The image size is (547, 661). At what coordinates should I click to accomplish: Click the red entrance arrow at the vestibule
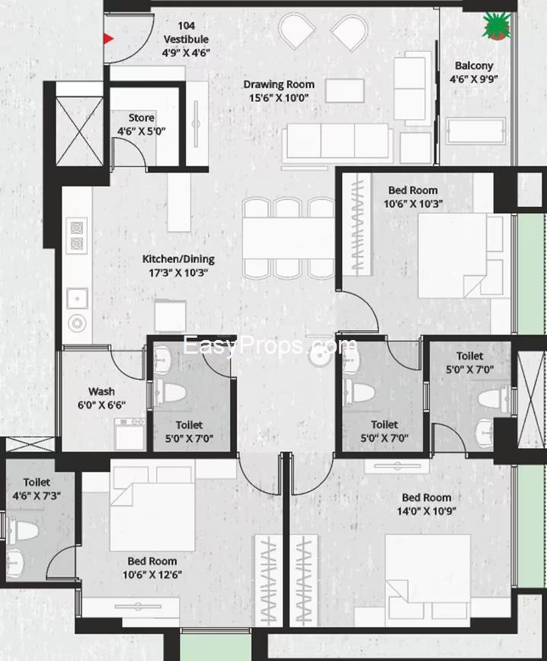click(108, 39)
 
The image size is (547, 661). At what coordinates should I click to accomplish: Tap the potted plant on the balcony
click(497, 26)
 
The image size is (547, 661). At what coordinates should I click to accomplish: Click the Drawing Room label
click(279, 84)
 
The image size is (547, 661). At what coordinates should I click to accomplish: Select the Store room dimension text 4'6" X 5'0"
click(142, 131)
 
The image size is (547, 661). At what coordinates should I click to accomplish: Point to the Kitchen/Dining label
click(178, 259)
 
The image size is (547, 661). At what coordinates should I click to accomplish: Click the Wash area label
click(101, 391)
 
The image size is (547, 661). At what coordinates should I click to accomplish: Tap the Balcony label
click(474, 65)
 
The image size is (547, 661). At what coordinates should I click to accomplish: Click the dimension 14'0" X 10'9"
click(427, 511)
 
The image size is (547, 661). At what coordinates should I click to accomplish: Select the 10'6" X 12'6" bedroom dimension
click(152, 574)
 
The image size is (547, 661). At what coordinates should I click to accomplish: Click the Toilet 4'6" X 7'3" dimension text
click(37, 496)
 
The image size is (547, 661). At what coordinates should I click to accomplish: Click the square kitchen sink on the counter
click(77, 299)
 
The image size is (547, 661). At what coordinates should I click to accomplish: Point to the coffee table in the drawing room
click(345, 91)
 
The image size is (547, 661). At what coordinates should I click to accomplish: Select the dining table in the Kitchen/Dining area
click(289, 239)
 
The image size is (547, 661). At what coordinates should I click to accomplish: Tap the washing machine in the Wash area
click(130, 434)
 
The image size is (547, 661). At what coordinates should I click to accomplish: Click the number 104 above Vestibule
click(186, 26)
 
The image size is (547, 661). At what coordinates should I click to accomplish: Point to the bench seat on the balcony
click(475, 131)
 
